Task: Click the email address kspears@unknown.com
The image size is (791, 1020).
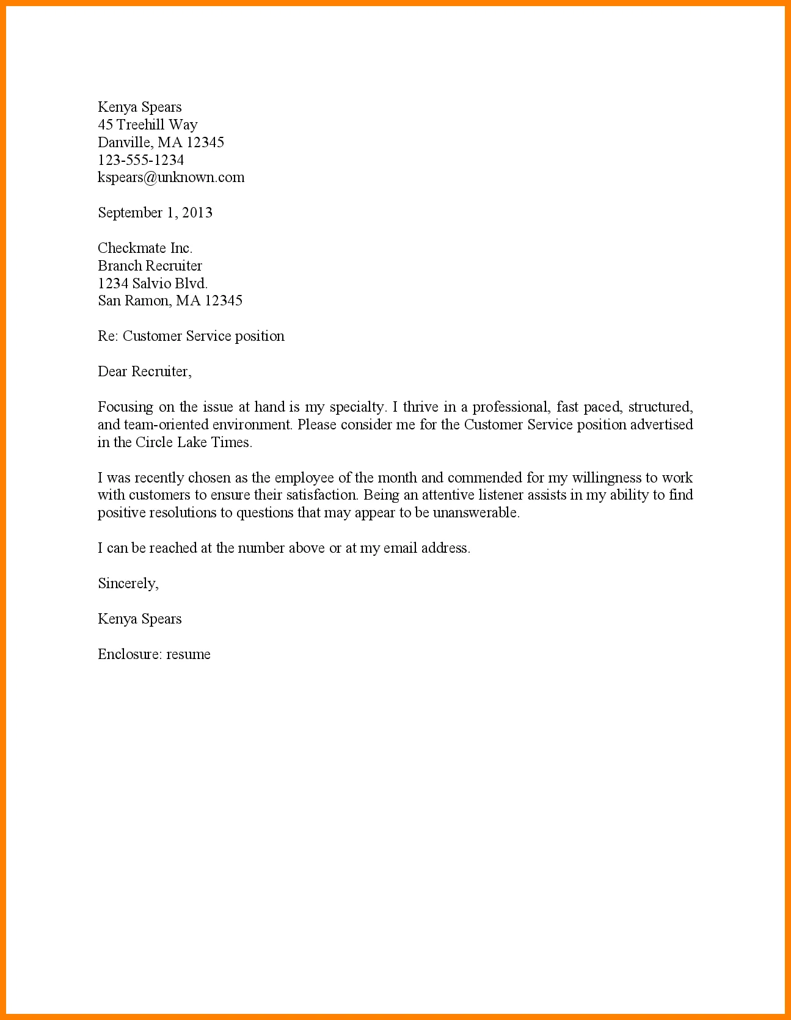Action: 171,178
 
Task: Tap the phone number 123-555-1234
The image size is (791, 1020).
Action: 140,160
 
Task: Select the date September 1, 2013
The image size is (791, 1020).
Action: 155,213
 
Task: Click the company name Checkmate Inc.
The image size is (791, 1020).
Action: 145,248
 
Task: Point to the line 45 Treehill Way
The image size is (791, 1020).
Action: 147,125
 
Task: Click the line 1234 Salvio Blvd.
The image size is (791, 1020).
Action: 153,283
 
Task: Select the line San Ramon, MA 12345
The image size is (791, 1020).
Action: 170,301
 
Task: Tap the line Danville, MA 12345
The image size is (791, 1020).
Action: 161,143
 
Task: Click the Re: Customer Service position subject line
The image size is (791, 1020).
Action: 191,337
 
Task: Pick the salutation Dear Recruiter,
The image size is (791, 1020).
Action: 144,372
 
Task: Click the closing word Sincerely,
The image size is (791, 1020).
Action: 128,584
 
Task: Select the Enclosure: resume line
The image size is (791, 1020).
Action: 154,655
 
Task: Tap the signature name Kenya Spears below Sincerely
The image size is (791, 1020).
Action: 139,619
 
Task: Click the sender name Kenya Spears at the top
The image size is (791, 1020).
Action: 139,107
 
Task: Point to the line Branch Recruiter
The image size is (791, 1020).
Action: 150,266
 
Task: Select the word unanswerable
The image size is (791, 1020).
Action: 476,513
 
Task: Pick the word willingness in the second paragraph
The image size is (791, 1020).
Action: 606,478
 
